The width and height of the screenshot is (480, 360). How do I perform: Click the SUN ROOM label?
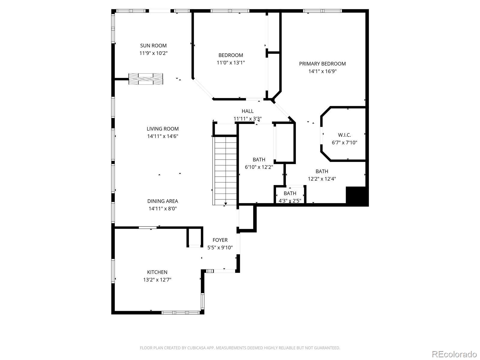pyautogui.click(x=153, y=46)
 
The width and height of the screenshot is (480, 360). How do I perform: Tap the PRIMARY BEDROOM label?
pyautogui.click(x=322, y=64)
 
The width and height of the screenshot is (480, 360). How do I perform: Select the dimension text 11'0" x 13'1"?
pyautogui.click(x=231, y=63)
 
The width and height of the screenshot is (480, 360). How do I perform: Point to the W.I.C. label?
pyautogui.click(x=344, y=135)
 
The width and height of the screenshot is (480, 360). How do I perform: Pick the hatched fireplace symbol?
pyautogui.click(x=145, y=79)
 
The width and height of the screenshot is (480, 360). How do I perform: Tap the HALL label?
pyautogui.click(x=247, y=111)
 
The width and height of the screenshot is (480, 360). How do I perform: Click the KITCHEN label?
pyautogui.click(x=157, y=272)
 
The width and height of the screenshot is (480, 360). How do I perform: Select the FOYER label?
pyautogui.click(x=220, y=240)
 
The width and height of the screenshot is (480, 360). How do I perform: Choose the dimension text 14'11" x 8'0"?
pyautogui.click(x=163, y=208)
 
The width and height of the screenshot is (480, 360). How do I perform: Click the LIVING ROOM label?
pyautogui.click(x=163, y=129)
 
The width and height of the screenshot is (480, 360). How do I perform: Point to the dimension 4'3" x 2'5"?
pyautogui.click(x=290, y=201)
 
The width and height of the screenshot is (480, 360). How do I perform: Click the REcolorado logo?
pyautogui.click(x=454, y=354)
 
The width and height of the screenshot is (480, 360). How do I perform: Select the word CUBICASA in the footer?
pyautogui.click(x=196, y=348)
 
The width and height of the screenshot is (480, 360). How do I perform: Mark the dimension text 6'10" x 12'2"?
pyautogui.click(x=259, y=167)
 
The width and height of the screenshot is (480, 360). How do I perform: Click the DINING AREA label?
pyautogui.click(x=163, y=201)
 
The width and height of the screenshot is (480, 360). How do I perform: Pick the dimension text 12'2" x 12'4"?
pyautogui.click(x=322, y=179)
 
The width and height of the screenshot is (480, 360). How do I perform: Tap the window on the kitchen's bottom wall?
pyautogui.click(x=181, y=313)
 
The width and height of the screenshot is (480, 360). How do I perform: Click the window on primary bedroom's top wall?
pyautogui.click(x=322, y=11)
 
